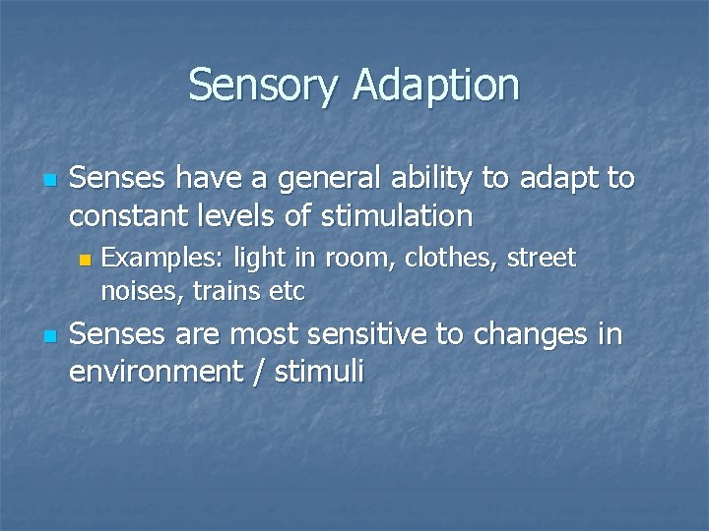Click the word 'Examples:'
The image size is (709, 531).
162,259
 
